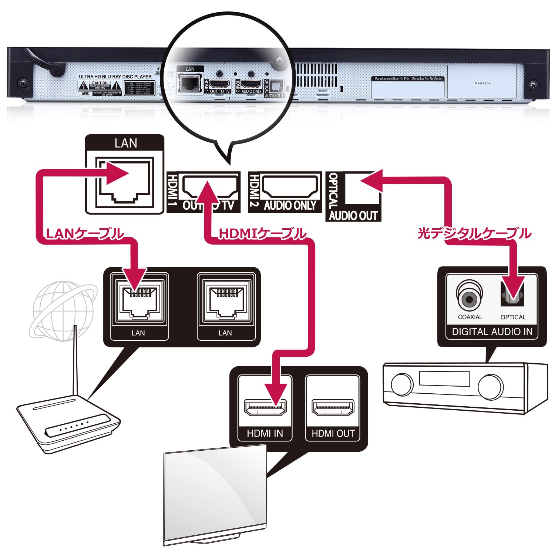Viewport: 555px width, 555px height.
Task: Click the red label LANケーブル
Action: tap(84, 234)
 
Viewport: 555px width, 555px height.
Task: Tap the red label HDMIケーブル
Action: tap(262, 234)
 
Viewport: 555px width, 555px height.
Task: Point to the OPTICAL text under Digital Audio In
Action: tap(513, 317)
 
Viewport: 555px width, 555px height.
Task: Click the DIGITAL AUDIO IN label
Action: tap(492, 332)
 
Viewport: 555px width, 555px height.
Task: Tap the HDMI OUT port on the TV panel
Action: tap(333, 407)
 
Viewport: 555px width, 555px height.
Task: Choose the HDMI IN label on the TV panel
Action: tap(265, 433)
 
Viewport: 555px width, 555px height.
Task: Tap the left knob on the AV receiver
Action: tap(402, 385)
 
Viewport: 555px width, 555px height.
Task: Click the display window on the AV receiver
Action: tap(444, 379)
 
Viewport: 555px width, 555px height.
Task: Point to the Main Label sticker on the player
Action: tap(482, 83)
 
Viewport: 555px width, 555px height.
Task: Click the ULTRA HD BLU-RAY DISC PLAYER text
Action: tap(115, 77)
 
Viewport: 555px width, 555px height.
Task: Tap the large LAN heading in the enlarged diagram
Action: tap(125, 143)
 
